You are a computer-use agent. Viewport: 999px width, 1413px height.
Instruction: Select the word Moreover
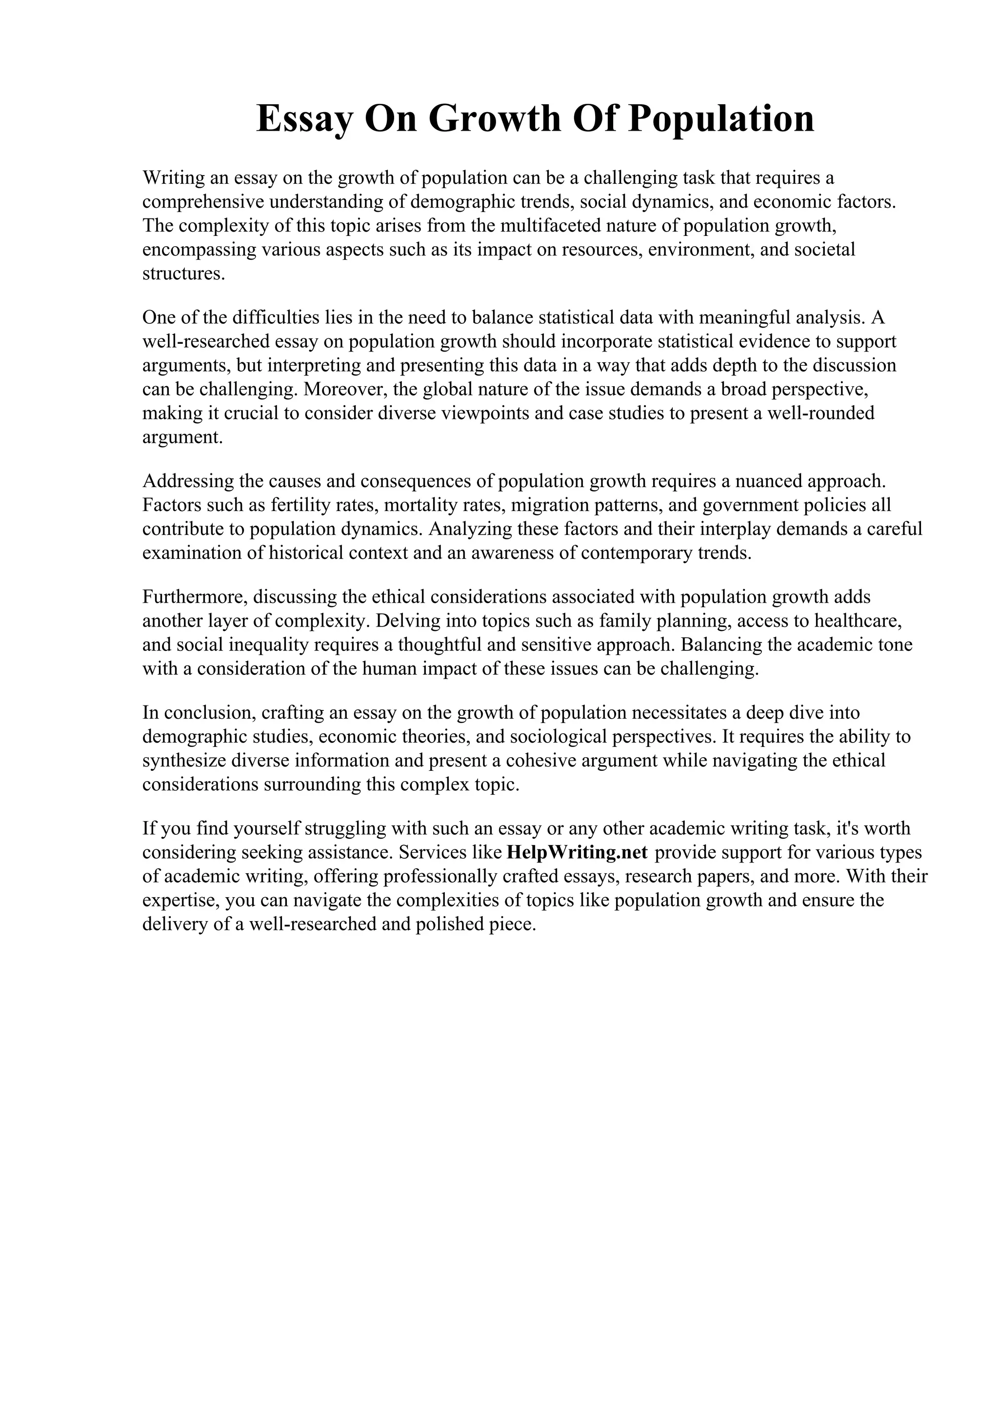345,389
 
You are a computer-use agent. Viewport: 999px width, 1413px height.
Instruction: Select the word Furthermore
195,597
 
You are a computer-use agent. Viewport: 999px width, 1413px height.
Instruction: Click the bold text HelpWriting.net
577,853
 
